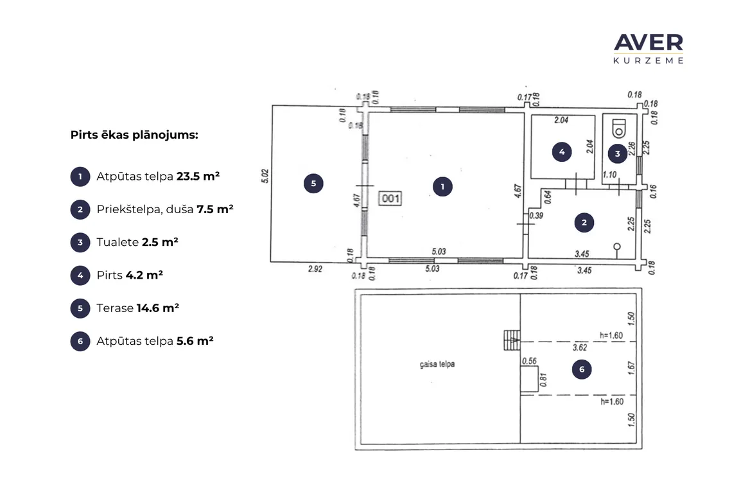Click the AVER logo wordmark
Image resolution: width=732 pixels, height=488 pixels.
point(649,43)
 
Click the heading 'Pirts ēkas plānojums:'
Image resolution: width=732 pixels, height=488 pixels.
point(134,135)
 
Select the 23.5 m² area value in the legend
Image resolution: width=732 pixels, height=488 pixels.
point(198,176)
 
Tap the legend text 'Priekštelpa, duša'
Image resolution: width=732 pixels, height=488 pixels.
point(144,209)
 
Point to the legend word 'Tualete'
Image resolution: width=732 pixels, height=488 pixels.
point(118,242)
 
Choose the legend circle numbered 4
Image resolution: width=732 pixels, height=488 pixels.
point(80,275)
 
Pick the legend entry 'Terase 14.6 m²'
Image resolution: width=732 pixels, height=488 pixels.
point(137,308)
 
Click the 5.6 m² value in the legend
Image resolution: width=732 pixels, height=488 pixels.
point(195,341)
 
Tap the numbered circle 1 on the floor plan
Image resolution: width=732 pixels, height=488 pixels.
point(442,187)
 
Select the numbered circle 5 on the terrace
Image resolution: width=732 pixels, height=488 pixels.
point(313,184)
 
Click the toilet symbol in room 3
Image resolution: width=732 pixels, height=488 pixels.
point(618,128)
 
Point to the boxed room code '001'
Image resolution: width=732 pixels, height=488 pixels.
point(390,198)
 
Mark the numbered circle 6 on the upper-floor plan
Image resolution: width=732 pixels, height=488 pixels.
point(582,369)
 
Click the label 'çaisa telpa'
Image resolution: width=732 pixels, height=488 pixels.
point(437,364)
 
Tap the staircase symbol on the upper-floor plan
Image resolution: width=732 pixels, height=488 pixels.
point(512,340)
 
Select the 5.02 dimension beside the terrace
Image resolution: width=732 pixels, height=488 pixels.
point(265,176)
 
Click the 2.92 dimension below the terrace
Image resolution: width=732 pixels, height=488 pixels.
point(315,268)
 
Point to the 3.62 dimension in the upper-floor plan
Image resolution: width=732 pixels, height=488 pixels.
point(580,347)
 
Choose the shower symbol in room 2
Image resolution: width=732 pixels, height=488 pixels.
point(616,250)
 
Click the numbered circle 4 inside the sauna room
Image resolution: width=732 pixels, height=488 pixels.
point(562,152)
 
